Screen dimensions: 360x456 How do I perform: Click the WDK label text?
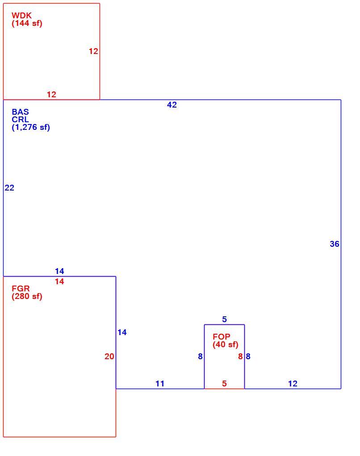[21, 16]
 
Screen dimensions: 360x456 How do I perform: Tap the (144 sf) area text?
[27, 23]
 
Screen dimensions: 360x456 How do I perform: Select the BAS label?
[21, 112]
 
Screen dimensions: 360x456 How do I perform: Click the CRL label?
[21, 120]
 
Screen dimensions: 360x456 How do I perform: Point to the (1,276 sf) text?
[31, 127]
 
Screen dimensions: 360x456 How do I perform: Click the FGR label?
[21, 289]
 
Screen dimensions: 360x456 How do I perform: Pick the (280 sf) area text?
[27, 297]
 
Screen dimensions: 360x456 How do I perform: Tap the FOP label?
[222, 337]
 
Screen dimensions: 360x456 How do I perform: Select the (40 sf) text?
[226, 344]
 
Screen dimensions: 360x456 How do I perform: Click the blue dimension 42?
[172, 105]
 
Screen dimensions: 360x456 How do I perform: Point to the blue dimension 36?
[335, 244]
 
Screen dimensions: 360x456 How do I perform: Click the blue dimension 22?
[9, 188]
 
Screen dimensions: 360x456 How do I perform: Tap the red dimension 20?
[109, 357]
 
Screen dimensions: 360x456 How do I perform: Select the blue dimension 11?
[160, 384]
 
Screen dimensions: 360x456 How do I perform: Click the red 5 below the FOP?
[224, 384]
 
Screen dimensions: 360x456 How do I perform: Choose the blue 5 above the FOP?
[224, 319]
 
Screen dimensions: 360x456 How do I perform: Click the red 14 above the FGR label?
[59, 282]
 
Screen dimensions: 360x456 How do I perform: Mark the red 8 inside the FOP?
[240, 357]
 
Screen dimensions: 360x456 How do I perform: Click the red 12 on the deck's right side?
[93, 51]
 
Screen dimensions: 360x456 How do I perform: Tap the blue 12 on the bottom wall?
[293, 384]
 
